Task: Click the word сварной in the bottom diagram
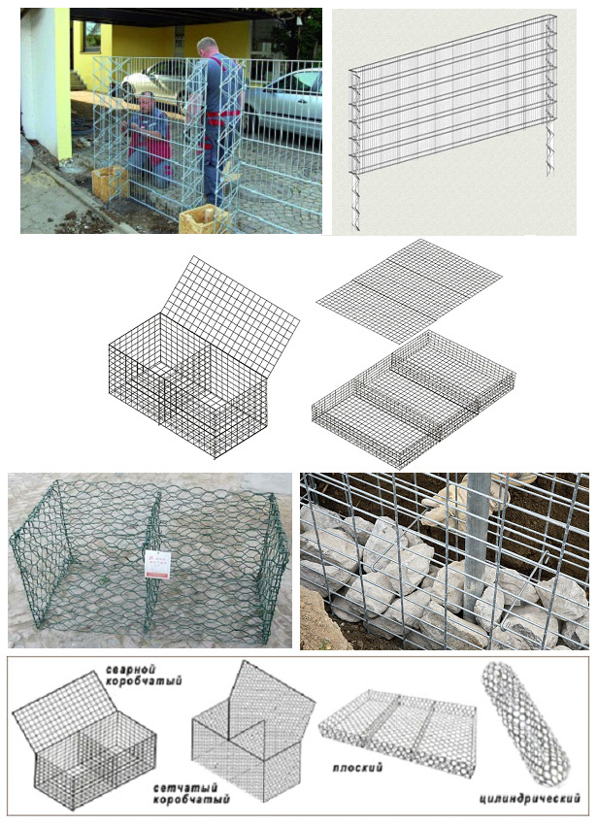click(x=130, y=670)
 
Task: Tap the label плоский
click(x=357, y=768)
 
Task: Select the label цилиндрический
click(x=530, y=799)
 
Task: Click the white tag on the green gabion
click(x=157, y=565)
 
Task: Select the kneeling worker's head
click(x=147, y=102)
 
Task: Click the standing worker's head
click(x=207, y=47)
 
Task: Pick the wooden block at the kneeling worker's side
click(x=110, y=183)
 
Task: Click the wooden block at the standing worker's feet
click(x=203, y=220)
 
